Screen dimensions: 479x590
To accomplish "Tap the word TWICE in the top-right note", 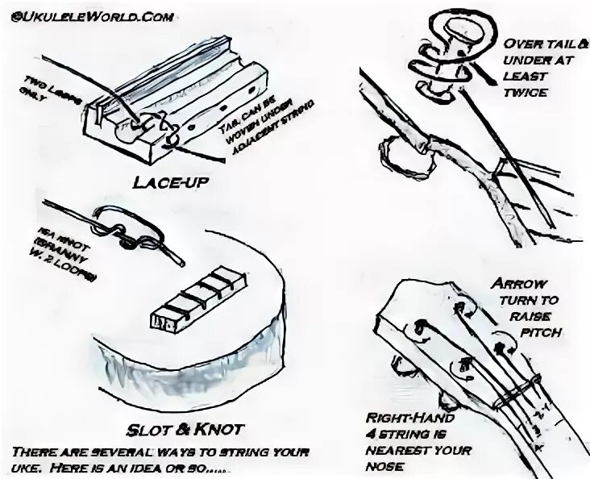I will coord(526,93).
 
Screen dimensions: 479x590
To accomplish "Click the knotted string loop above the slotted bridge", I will coord(132,229).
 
